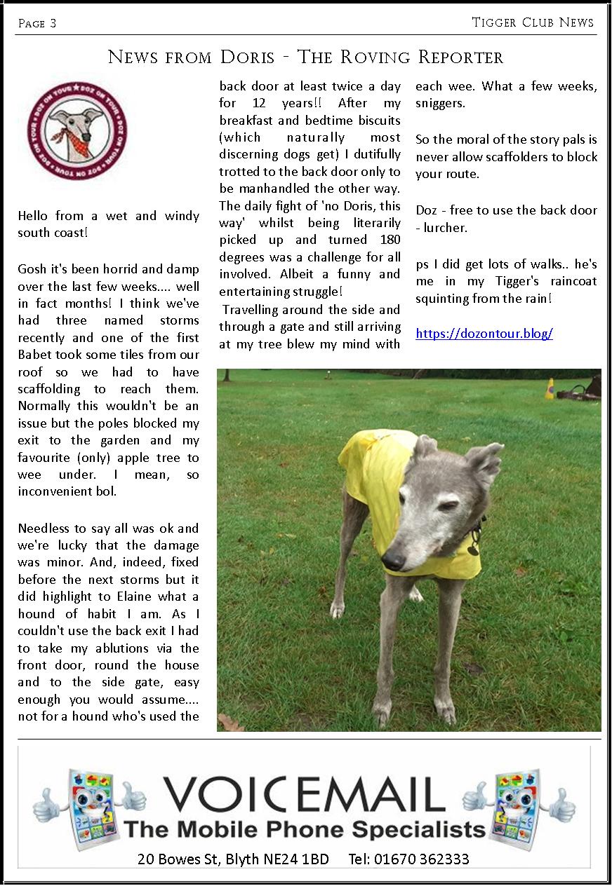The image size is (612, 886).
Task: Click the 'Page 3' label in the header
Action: [37, 24]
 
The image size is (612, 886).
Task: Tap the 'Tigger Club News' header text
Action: [533, 22]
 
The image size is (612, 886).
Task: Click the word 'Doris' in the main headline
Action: [249, 57]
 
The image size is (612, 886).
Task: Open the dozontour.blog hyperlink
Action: [484, 334]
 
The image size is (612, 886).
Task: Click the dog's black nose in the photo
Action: [394, 559]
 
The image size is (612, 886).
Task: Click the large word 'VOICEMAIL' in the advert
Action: [305, 795]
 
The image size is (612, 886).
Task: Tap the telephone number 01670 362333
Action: [408, 859]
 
